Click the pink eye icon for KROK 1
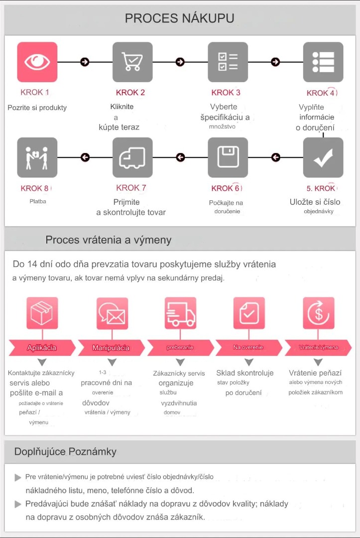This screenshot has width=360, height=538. [37, 62]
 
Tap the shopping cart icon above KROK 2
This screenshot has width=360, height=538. [132, 62]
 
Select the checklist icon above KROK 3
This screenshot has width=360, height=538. [228, 62]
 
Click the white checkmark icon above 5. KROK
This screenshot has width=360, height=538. [323, 157]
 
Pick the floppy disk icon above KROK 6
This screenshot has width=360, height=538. [228, 157]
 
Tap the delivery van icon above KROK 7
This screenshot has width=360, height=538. [132, 157]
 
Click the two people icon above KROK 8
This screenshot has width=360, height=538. [37, 157]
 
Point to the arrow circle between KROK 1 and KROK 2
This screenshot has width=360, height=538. [85, 62]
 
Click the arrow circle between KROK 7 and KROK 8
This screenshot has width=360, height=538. [85, 157]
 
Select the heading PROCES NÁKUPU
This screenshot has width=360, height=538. [179, 18]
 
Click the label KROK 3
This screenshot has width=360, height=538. [226, 93]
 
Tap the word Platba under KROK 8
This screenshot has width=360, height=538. [38, 201]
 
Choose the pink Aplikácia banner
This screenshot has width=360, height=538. [42, 348]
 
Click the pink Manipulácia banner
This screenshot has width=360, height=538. [111, 348]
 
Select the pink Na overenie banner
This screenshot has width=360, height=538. [248, 348]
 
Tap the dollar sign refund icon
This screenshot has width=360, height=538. [319, 313]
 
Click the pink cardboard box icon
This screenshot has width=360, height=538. [42, 313]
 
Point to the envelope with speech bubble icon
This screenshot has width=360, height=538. [112, 313]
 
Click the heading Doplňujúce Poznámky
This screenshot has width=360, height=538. [66, 451]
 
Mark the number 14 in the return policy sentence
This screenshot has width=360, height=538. [32, 264]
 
